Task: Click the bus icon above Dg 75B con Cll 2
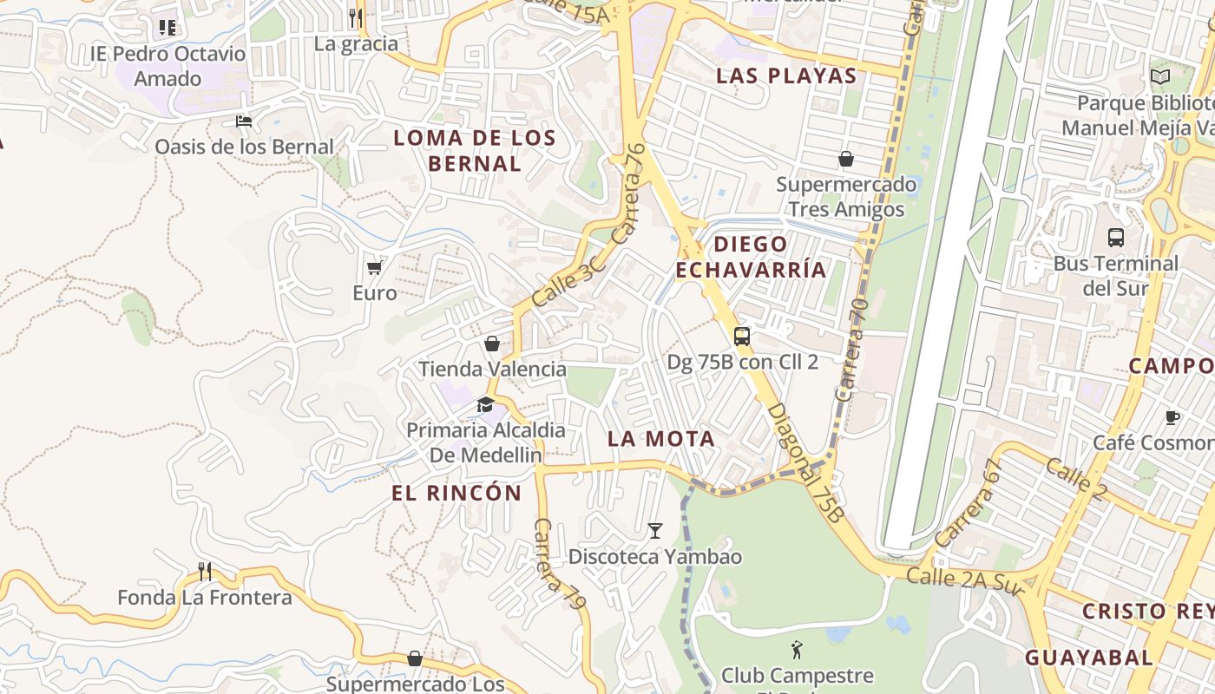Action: click(x=741, y=337)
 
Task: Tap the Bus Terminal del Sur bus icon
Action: click(x=1116, y=237)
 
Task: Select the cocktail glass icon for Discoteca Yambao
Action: click(x=655, y=530)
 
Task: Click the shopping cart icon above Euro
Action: click(x=374, y=267)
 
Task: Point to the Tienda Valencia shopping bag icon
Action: click(x=492, y=344)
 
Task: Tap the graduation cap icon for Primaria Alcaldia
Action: click(x=485, y=404)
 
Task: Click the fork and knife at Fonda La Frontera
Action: click(x=205, y=571)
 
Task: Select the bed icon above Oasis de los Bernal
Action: click(x=244, y=121)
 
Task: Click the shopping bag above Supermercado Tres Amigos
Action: click(x=845, y=159)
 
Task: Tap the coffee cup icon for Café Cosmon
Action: click(x=1172, y=417)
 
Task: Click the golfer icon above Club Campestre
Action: click(x=797, y=649)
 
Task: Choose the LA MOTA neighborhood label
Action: click(x=661, y=439)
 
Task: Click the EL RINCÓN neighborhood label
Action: click(x=456, y=494)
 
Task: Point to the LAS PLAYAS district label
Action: click(x=786, y=75)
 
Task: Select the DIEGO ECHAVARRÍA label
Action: click(x=751, y=257)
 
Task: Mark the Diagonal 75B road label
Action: click(x=806, y=462)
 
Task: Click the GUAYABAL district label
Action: click(x=1088, y=657)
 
